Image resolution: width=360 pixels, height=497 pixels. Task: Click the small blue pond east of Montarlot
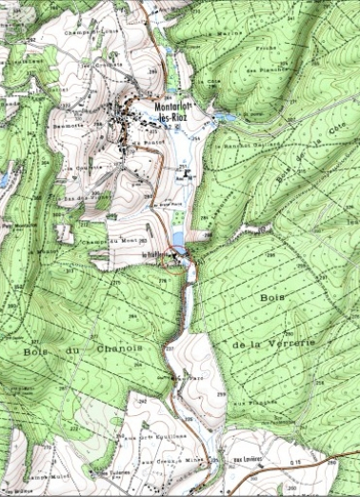(x=223, y=116)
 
